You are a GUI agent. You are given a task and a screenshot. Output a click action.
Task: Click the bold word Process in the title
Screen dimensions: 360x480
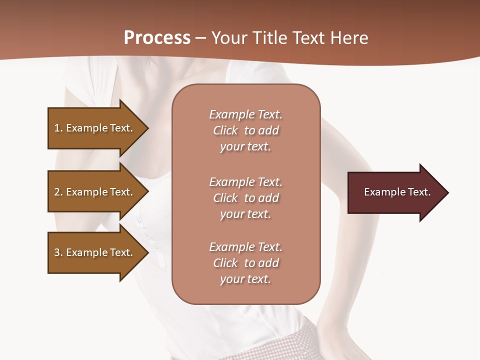[x=157, y=37]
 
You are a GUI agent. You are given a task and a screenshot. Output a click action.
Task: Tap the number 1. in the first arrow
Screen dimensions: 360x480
[x=58, y=128]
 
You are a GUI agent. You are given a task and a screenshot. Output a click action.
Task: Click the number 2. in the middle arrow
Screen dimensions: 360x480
[x=58, y=192]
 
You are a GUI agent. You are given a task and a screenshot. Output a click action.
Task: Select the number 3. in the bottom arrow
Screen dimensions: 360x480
[x=58, y=252]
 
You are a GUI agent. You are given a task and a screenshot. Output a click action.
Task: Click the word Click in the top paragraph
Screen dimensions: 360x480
[x=225, y=130]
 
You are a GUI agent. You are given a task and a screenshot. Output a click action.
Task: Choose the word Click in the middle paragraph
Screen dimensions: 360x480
[x=225, y=198]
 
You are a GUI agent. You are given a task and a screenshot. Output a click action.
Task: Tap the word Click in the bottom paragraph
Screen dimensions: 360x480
[x=225, y=263]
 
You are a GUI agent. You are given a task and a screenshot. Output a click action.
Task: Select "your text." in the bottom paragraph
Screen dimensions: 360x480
[x=245, y=279]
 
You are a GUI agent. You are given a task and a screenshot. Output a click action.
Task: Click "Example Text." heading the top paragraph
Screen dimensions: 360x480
[x=245, y=114]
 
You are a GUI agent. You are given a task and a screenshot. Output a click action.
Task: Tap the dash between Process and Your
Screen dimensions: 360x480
[x=200, y=38]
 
